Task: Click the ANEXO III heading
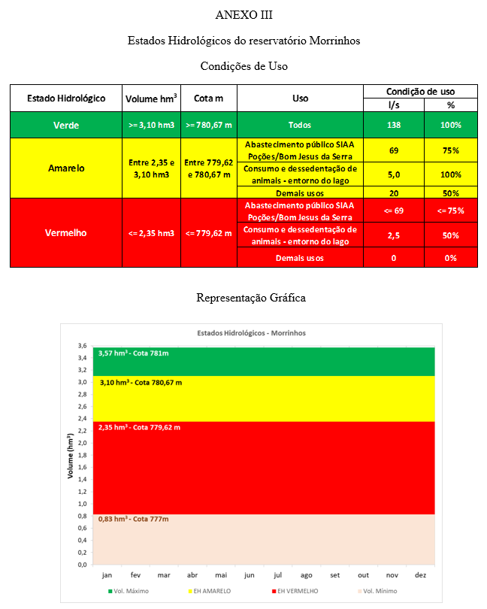coord(243,14)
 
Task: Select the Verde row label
coord(65,125)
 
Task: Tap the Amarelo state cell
coord(65,168)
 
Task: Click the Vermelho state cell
coord(65,232)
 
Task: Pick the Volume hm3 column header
coord(151,98)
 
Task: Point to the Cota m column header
coord(210,98)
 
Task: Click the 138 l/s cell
coord(393,125)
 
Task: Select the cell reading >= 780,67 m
coord(210,125)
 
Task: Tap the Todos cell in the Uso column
coord(299,125)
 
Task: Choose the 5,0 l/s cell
coord(393,174)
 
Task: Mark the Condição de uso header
coord(420,91)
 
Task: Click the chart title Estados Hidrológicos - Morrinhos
coord(252,332)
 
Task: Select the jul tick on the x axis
coord(278,574)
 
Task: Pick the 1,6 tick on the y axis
coord(82,467)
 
